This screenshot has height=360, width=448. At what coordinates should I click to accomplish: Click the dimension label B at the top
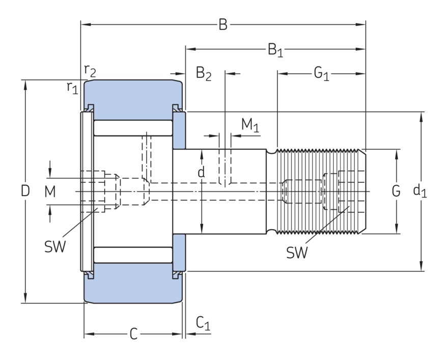223,24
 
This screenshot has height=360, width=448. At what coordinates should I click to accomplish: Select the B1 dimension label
275,50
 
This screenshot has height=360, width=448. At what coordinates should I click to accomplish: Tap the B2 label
204,74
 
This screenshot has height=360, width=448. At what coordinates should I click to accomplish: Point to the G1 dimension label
321,74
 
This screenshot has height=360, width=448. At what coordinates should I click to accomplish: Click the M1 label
250,125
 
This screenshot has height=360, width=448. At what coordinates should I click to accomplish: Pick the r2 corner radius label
90,71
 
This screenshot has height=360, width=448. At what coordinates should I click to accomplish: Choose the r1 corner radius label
72,87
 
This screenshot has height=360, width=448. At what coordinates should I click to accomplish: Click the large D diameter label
25,191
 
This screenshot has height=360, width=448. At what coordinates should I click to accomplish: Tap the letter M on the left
49,191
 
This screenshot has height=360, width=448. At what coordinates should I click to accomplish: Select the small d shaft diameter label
202,173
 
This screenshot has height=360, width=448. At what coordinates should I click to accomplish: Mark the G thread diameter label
396,191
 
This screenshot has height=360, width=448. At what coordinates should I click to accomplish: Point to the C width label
133,334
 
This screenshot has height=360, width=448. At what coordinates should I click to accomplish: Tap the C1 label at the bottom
203,323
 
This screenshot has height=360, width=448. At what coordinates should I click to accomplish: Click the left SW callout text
55,247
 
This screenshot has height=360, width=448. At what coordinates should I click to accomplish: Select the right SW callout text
297,252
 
